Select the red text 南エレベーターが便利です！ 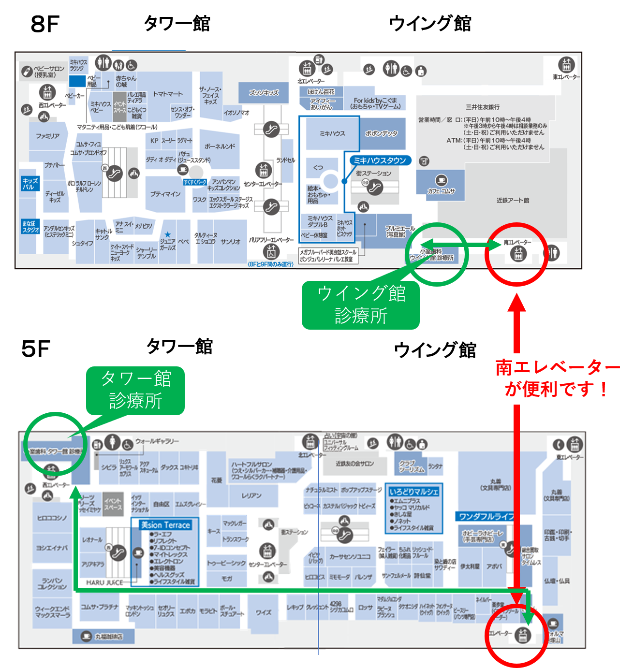click(558, 378)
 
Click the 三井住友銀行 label click(482, 107)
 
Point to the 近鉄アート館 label click(513, 200)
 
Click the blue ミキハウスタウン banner click(380, 160)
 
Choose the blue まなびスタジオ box click(29, 226)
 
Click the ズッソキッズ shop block click(264, 92)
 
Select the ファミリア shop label click(47, 136)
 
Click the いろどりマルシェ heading click(414, 492)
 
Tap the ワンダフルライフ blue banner click(486, 516)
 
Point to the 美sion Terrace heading click(165, 525)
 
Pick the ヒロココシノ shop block click(52, 518)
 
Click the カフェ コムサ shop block click(441, 186)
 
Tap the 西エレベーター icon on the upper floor click(47, 92)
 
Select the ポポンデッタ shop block click(382, 133)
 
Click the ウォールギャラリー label click(157, 441)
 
